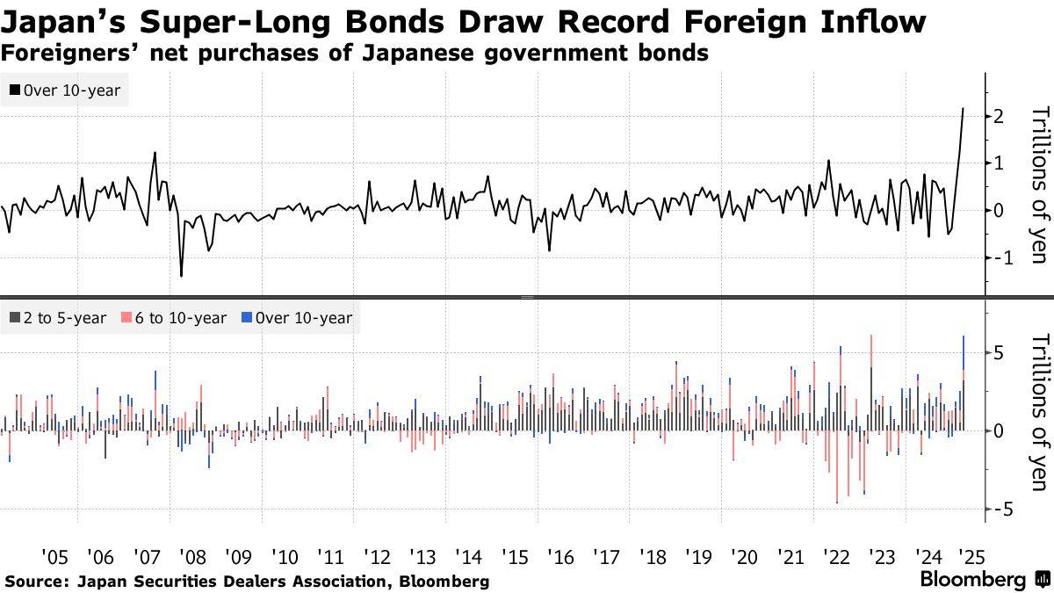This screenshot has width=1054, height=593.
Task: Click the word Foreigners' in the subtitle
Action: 58,53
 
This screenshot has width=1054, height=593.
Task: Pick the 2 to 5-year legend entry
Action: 57,318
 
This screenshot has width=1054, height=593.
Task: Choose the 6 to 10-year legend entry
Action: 172,318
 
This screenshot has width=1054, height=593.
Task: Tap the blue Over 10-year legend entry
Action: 297,318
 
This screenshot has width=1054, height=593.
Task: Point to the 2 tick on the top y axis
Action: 999,116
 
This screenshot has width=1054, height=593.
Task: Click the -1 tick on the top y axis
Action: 995,257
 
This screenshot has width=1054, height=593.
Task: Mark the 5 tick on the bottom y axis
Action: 999,352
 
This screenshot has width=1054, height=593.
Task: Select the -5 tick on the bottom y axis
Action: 995,510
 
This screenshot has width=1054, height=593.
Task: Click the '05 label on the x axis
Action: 54,557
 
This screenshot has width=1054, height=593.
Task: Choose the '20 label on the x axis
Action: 744,557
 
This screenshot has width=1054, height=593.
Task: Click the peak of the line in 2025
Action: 964,108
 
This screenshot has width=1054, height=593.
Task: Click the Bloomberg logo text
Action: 973,580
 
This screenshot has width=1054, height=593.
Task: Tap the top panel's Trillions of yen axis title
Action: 1039,184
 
